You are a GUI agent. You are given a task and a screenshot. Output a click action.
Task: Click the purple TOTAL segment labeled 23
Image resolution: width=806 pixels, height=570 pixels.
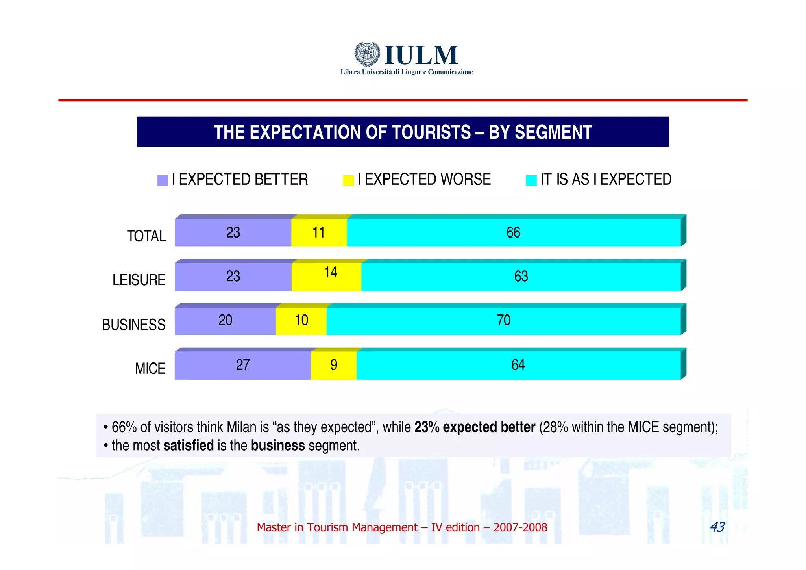[x=233, y=232]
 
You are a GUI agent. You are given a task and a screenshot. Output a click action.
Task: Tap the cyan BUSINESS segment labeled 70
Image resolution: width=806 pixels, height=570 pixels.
[x=503, y=321]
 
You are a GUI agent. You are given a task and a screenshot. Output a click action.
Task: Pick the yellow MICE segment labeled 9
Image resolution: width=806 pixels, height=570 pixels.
[x=333, y=365]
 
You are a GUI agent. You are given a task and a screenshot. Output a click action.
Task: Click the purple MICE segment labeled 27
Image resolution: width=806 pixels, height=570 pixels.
[x=242, y=365]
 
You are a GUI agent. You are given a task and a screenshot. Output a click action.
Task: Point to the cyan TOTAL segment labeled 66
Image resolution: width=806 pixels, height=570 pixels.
[x=513, y=232]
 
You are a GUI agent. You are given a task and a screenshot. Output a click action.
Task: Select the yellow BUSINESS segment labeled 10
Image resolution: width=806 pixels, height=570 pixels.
[x=301, y=321]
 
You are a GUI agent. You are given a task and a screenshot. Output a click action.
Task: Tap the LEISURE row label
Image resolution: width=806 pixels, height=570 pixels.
[x=139, y=280]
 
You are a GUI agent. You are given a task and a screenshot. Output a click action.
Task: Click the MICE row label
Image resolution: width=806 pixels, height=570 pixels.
[x=150, y=369]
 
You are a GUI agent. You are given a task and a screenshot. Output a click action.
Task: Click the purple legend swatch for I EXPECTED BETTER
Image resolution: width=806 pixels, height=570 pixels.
[x=162, y=180]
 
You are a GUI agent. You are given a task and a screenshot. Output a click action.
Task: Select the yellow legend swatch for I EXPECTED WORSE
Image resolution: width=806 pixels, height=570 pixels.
[x=348, y=180]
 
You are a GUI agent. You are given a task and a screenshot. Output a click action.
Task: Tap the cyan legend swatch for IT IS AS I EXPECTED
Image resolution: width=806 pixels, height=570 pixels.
[x=531, y=180]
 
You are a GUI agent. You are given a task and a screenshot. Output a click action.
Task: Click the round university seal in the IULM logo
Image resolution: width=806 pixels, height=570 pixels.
[x=367, y=54]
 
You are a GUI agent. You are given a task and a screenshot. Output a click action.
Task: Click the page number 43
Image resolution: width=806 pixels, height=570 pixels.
[x=717, y=527]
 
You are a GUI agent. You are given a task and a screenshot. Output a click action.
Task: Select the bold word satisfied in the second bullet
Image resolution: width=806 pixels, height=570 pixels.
[x=189, y=446]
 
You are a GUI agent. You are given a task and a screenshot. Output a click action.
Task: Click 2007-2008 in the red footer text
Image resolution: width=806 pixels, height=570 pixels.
[x=520, y=527]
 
